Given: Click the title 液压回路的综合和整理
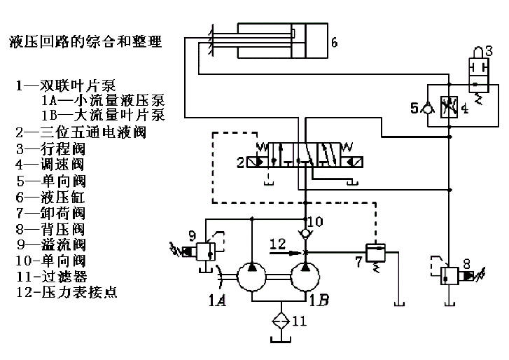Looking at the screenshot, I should (85, 42).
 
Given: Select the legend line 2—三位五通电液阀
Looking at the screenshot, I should (91, 131).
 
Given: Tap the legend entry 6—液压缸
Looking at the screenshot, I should (53, 195).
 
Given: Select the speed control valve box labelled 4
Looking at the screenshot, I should (447, 109).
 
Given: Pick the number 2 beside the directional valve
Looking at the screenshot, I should (240, 162).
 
